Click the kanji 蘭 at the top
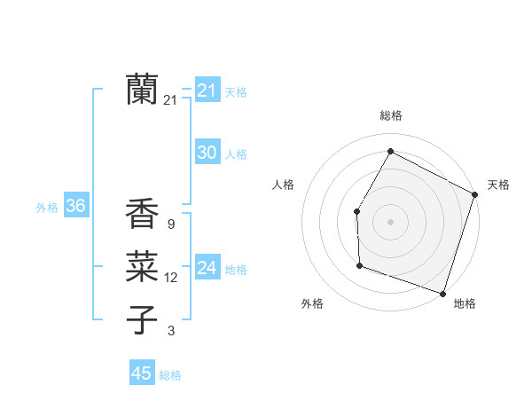[x=142, y=89]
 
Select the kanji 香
[x=142, y=214]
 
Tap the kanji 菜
[x=142, y=266]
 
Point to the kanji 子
[x=142, y=319]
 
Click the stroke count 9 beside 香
[x=170, y=224]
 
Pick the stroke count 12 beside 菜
[x=170, y=278]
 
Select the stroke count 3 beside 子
[x=171, y=331]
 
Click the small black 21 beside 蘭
[x=170, y=100]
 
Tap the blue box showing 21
[x=207, y=90]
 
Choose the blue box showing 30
[x=207, y=153]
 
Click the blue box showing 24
[x=207, y=268]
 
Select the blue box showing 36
[x=75, y=206]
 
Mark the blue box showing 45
[x=141, y=374]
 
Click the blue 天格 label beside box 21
[x=236, y=91]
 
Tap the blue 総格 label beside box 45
[x=170, y=375]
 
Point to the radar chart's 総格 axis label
[x=390, y=115]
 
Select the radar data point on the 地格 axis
[x=442, y=293]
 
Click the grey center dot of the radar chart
[x=390, y=221]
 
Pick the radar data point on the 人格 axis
[x=356, y=211]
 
